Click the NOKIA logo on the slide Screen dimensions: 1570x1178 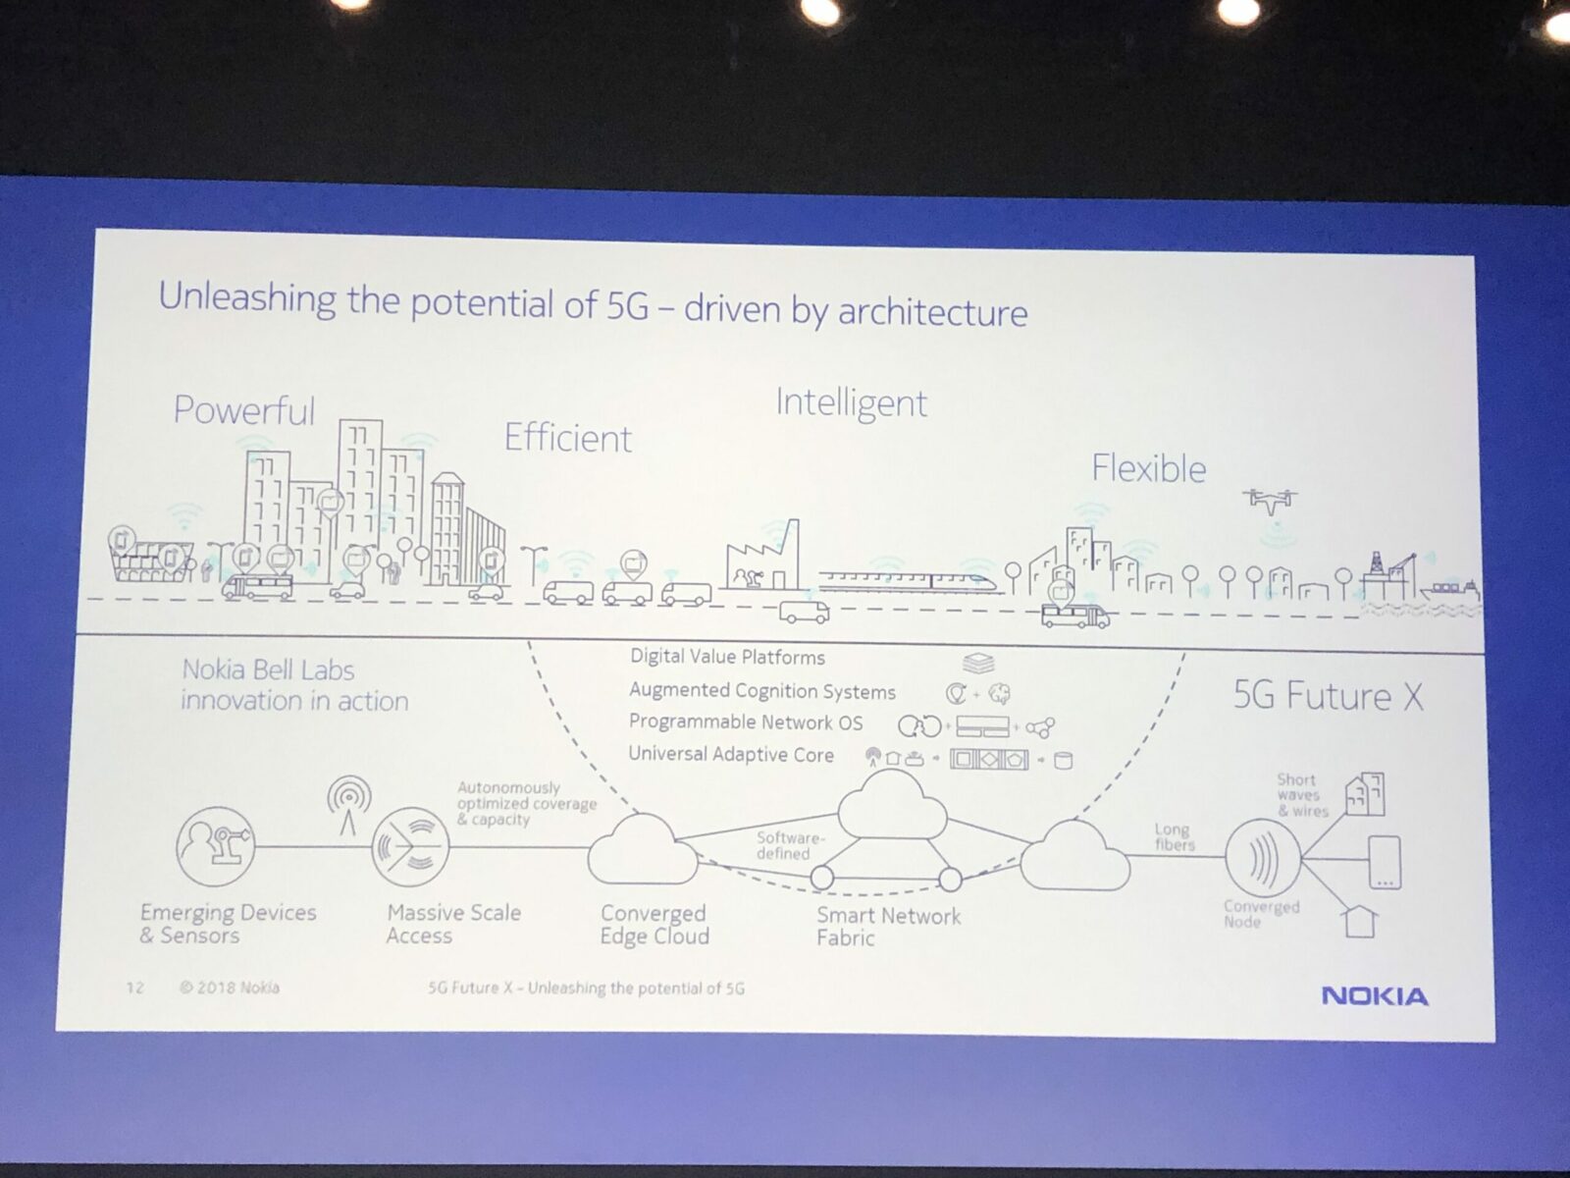[x=1374, y=996]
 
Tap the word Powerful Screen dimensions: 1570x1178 [x=244, y=410]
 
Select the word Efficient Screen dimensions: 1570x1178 [x=568, y=438]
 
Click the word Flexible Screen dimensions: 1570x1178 [x=1149, y=468]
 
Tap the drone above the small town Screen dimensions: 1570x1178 [x=1270, y=500]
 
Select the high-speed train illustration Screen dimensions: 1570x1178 [x=909, y=581]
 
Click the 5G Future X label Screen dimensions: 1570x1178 [x=1329, y=696]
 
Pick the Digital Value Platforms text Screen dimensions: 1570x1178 [x=727, y=658]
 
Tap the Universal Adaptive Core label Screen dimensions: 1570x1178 [x=731, y=755]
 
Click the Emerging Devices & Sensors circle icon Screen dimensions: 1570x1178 [x=215, y=846]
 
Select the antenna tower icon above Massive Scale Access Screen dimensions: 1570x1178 [x=349, y=805]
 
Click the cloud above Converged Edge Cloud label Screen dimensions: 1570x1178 [x=643, y=849]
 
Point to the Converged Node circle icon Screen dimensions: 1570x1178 [x=1263, y=857]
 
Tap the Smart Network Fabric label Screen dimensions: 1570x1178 [x=888, y=927]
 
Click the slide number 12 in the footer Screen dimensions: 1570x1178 [x=134, y=988]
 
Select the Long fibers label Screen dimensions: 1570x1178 [x=1174, y=836]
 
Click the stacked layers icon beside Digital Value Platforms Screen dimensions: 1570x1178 [x=977, y=663]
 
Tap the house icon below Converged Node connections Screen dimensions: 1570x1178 [x=1359, y=921]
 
